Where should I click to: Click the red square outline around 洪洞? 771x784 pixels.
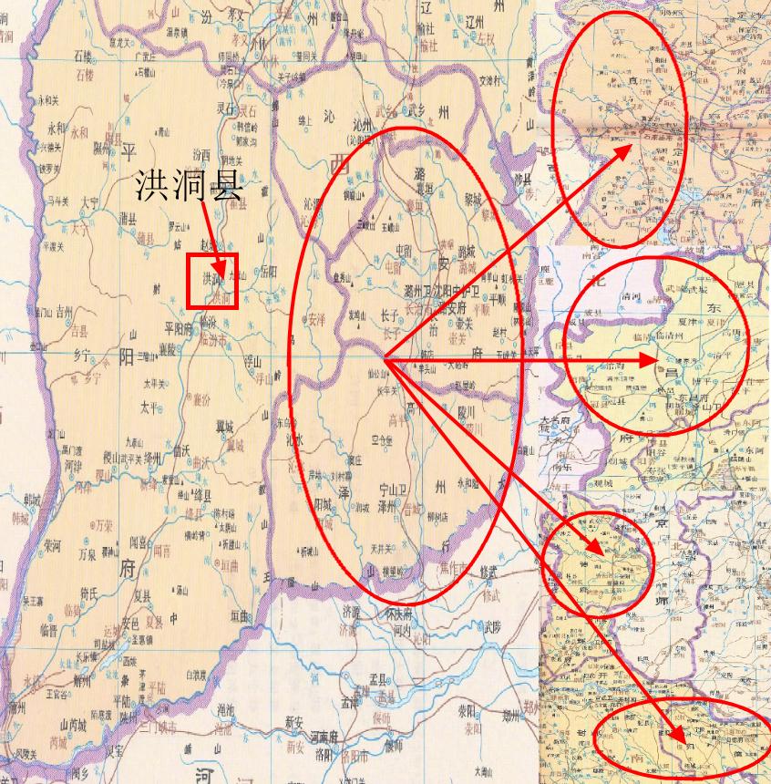point(211,281)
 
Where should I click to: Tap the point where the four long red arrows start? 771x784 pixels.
point(385,361)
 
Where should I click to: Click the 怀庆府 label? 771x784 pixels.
point(403,613)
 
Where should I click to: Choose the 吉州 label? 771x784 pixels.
point(65,311)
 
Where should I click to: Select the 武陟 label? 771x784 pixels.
point(492,626)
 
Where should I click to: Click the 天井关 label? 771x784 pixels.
point(383,548)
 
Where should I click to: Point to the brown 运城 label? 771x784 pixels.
point(113,628)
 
